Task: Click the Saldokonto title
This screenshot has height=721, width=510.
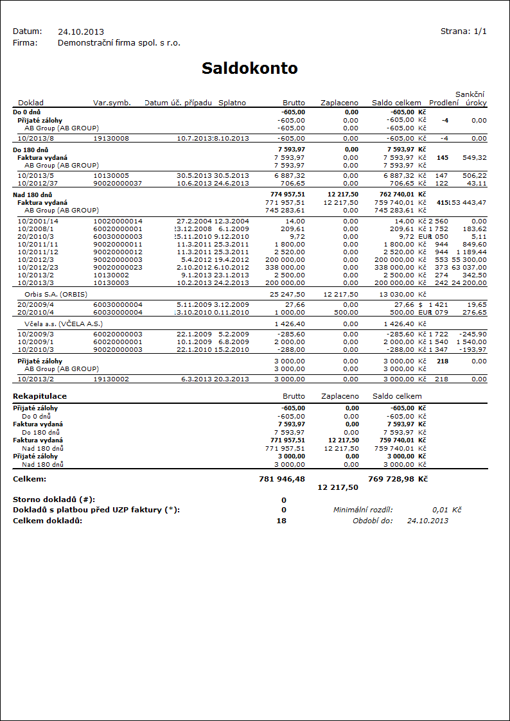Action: pos(249,69)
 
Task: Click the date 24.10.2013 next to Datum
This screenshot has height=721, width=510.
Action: pos(81,31)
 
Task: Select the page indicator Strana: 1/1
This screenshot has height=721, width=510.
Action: pos(463,31)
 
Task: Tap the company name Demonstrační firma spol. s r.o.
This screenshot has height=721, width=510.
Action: pos(119,43)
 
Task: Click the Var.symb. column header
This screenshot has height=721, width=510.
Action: pos(112,103)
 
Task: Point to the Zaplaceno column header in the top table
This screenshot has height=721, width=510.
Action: pos(339,103)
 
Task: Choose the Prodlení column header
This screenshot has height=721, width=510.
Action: pos(444,103)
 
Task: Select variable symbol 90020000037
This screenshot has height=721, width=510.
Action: pos(118,183)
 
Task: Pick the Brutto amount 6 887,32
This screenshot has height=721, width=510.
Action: pos(289,175)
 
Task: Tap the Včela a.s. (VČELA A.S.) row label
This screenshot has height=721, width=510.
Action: pos(64,324)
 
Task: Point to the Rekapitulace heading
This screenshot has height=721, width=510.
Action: pos(40,397)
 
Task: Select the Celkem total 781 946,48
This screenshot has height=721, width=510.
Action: pos(281,479)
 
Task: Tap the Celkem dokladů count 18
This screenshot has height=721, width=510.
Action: pos(283,520)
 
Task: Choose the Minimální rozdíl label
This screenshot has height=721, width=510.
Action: pos(362,510)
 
